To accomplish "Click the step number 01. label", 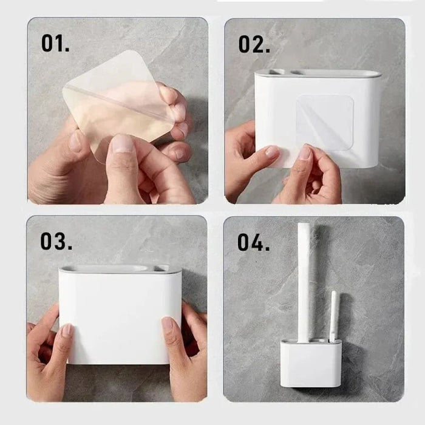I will [56, 43].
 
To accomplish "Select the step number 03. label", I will [56, 240].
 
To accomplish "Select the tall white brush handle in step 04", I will [304, 279].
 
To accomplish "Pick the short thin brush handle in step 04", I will [333, 316].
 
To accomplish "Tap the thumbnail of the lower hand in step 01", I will [122, 144].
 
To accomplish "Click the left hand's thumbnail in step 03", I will [67, 330].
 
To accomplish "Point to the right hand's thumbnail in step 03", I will [167, 324].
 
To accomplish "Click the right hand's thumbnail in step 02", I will [304, 153].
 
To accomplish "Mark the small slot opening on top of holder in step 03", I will [160, 267].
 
